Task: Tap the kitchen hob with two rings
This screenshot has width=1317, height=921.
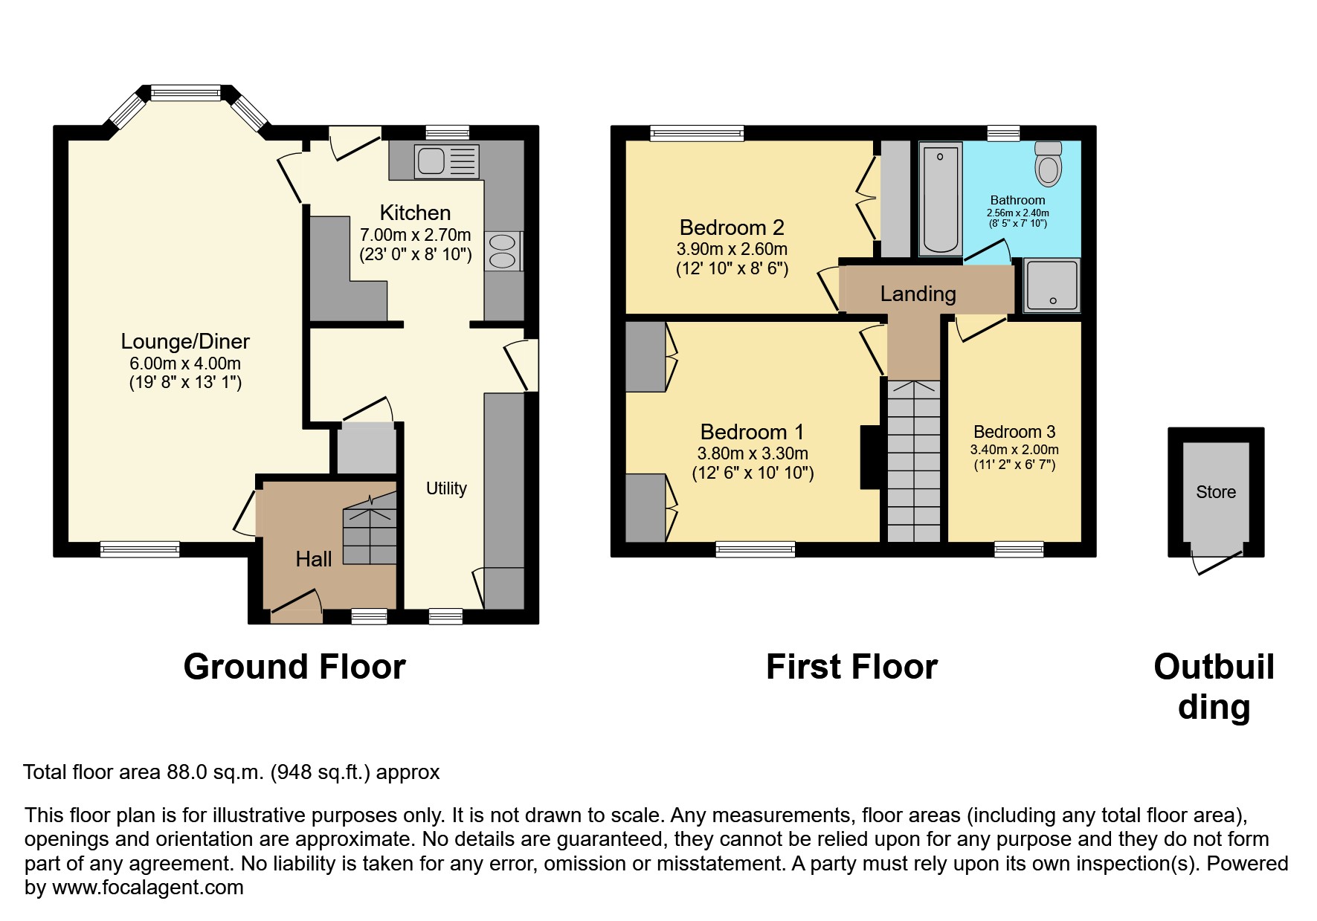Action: (x=503, y=251)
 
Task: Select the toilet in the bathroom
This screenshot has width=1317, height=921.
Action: (x=1048, y=163)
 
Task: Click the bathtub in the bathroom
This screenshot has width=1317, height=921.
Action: (x=941, y=198)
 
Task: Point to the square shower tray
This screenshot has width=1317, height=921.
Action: (x=1052, y=285)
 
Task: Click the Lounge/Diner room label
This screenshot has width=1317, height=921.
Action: (x=185, y=341)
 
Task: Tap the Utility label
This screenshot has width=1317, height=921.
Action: (x=446, y=488)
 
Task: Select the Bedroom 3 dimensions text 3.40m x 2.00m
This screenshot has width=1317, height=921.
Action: (x=1014, y=450)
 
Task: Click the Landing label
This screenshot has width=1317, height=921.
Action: (x=918, y=294)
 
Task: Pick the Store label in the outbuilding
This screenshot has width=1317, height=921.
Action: (x=1215, y=492)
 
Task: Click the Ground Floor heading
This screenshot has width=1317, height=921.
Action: (x=294, y=667)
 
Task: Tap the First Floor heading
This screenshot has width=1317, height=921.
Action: (x=851, y=667)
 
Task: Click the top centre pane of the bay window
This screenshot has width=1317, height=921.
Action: (x=186, y=93)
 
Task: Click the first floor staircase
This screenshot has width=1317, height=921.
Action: (x=913, y=461)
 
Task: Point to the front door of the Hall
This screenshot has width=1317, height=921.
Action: (x=296, y=614)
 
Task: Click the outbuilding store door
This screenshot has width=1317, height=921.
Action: (x=1217, y=564)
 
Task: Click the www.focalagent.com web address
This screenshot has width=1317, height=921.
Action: (x=147, y=888)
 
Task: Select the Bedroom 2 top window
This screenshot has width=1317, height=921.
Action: (x=697, y=133)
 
